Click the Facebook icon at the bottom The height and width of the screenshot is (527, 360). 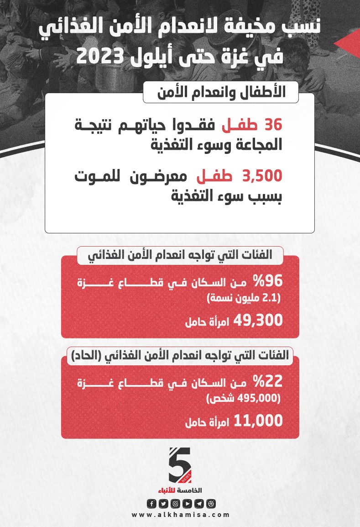click(x=151, y=503)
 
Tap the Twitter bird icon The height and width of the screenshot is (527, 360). click(x=163, y=503)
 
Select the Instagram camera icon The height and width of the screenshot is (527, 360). click(x=175, y=503)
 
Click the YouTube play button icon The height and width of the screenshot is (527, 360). click(x=187, y=503)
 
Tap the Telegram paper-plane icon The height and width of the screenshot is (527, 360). click(x=198, y=503)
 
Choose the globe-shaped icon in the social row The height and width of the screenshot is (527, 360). click(x=211, y=503)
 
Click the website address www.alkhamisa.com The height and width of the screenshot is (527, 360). click(x=181, y=515)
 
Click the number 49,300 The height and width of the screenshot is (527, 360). click(x=258, y=321)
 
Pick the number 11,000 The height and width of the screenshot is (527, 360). click(x=258, y=421)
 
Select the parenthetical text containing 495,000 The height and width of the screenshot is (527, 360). click(x=245, y=399)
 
